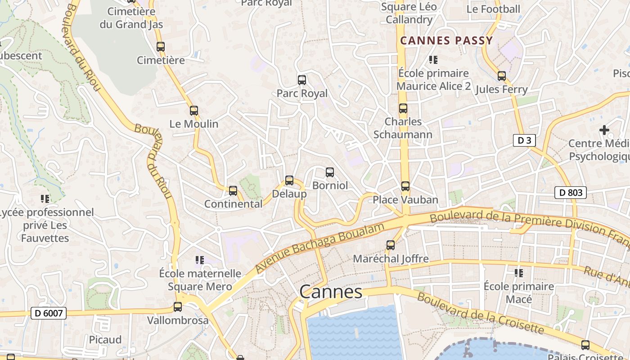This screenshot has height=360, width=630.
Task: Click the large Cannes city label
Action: pos(331,292)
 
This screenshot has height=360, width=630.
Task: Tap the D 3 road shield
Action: pos(524,140)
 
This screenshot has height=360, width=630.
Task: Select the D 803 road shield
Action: pos(570,193)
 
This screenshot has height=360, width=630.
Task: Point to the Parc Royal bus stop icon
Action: pos(302,80)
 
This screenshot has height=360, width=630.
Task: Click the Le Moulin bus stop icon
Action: pos(194,110)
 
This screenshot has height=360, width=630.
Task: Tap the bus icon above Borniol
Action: pos(330,172)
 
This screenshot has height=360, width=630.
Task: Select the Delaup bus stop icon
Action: pos(289,180)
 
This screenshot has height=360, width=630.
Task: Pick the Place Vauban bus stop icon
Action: pos(405,186)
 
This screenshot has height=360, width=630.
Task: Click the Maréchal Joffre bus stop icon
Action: pos(391,245)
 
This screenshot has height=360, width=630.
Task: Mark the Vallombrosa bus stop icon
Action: pos(178,307)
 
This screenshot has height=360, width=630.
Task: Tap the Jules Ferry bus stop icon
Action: pos(501,76)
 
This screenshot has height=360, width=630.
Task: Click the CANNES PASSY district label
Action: pos(446,40)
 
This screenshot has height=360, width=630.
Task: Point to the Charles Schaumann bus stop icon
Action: pos(403,108)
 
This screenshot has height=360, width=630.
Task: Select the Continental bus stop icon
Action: pos(233,190)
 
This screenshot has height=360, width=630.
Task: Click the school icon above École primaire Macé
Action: pos(519,273)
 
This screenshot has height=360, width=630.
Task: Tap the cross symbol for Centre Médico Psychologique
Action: pos(604,130)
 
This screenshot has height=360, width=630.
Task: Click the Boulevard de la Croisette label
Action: pos(480,313)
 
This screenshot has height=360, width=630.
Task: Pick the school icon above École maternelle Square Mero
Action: pos(200,260)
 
